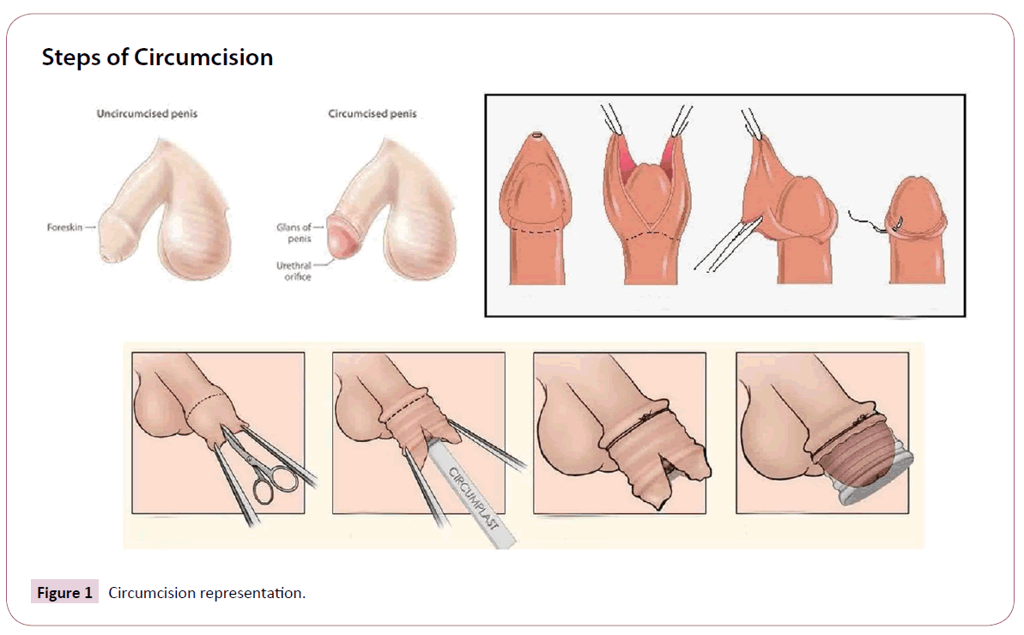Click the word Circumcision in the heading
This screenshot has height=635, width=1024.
[x=203, y=57]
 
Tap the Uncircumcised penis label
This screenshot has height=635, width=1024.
[x=147, y=113]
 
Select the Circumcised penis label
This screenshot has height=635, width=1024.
[x=373, y=113]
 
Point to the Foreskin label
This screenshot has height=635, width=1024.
[x=64, y=227]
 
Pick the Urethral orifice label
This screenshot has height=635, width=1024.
[x=294, y=271]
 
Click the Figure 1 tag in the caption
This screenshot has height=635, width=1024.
[x=64, y=593]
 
